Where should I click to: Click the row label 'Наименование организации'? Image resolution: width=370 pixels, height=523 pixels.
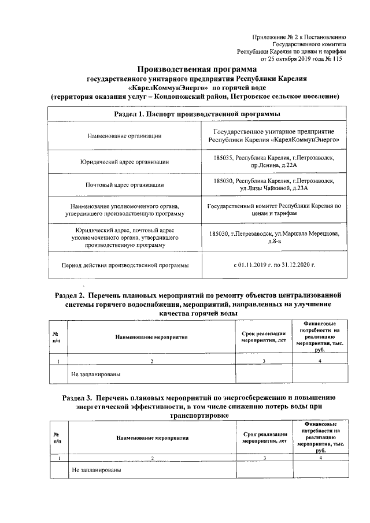point(124,136)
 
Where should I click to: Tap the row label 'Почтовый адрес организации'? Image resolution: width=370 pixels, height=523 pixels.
point(124,186)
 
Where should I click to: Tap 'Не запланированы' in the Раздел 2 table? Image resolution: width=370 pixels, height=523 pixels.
point(96,374)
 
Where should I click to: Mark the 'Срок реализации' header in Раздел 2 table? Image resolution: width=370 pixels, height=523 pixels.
point(264,336)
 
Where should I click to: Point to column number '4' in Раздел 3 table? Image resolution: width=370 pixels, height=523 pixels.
point(319,458)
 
